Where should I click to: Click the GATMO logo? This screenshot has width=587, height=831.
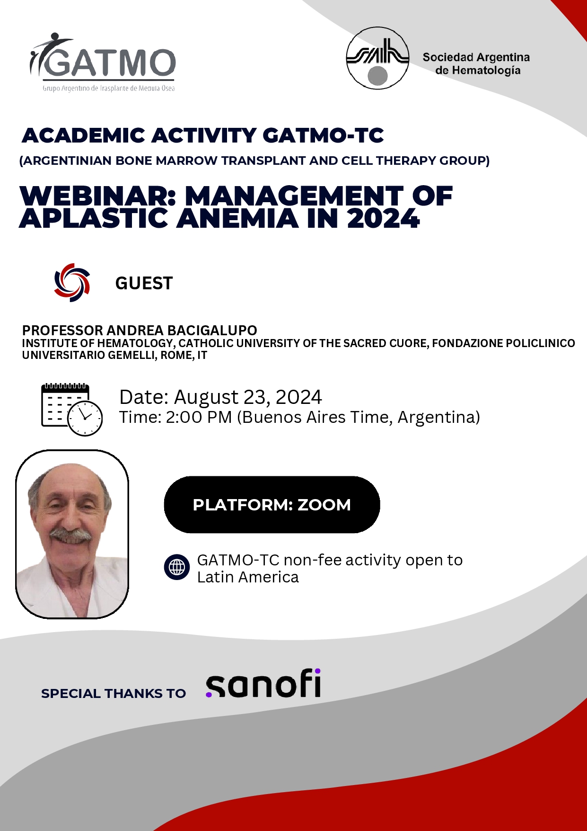click(103, 62)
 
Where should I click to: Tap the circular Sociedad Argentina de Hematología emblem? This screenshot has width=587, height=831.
click(377, 58)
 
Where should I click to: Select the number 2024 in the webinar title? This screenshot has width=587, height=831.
click(383, 218)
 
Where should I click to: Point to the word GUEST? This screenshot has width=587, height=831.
click(144, 283)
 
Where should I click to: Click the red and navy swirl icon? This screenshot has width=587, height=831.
click(72, 283)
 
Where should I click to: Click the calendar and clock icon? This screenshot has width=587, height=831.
click(72, 410)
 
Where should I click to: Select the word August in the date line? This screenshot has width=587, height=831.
click(206, 398)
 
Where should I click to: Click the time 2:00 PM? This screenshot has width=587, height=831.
click(199, 417)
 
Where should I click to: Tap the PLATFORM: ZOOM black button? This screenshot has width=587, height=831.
click(272, 505)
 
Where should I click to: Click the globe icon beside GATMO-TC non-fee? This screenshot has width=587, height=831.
click(177, 567)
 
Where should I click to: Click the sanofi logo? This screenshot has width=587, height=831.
click(263, 683)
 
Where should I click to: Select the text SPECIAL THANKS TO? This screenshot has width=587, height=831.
click(114, 694)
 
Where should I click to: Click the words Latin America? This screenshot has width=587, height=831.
click(248, 577)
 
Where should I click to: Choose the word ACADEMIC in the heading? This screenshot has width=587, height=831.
click(83, 136)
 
